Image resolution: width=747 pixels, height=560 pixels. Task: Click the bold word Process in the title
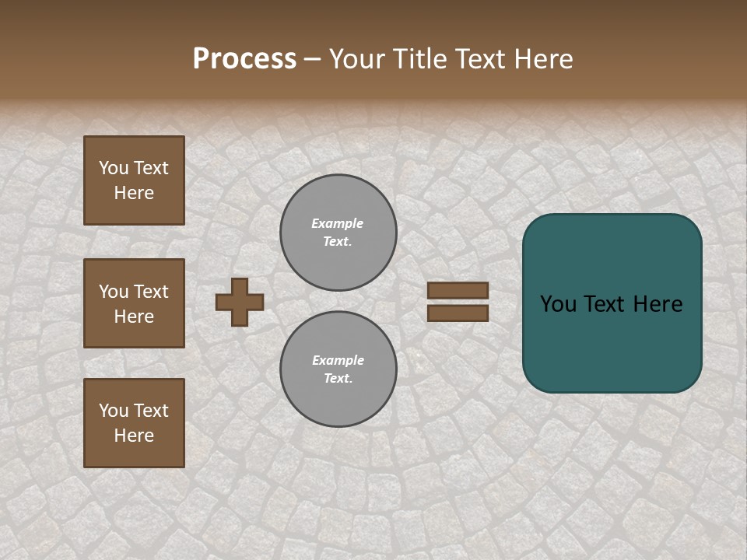pyautogui.click(x=244, y=59)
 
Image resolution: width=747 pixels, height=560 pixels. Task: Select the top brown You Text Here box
pyautogui.click(x=134, y=180)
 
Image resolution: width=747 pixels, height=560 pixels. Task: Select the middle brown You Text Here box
pyautogui.click(x=134, y=303)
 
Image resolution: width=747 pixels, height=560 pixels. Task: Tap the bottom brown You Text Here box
pyautogui.click(x=134, y=423)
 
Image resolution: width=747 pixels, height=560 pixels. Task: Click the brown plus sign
pyautogui.click(x=240, y=302)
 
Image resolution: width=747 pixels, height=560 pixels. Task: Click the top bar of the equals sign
pyautogui.click(x=458, y=291)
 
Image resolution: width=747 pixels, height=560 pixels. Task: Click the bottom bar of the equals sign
pyautogui.click(x=458, y=313)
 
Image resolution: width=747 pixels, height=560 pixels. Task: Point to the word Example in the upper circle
pyautogui.click(x=338, y=224)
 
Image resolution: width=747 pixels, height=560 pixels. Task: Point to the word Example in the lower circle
pyautogui.click(x=338, y=361)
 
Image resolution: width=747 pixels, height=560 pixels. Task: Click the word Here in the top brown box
pyautogui.click(x=134, y=194)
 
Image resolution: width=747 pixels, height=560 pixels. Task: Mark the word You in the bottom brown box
pyautogui.click(x=113, y=411)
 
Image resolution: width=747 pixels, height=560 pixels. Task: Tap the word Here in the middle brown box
pyautogui.click(x=134, y=317)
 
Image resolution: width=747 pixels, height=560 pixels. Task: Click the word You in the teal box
pyautogui.click(x=558, y=304)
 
